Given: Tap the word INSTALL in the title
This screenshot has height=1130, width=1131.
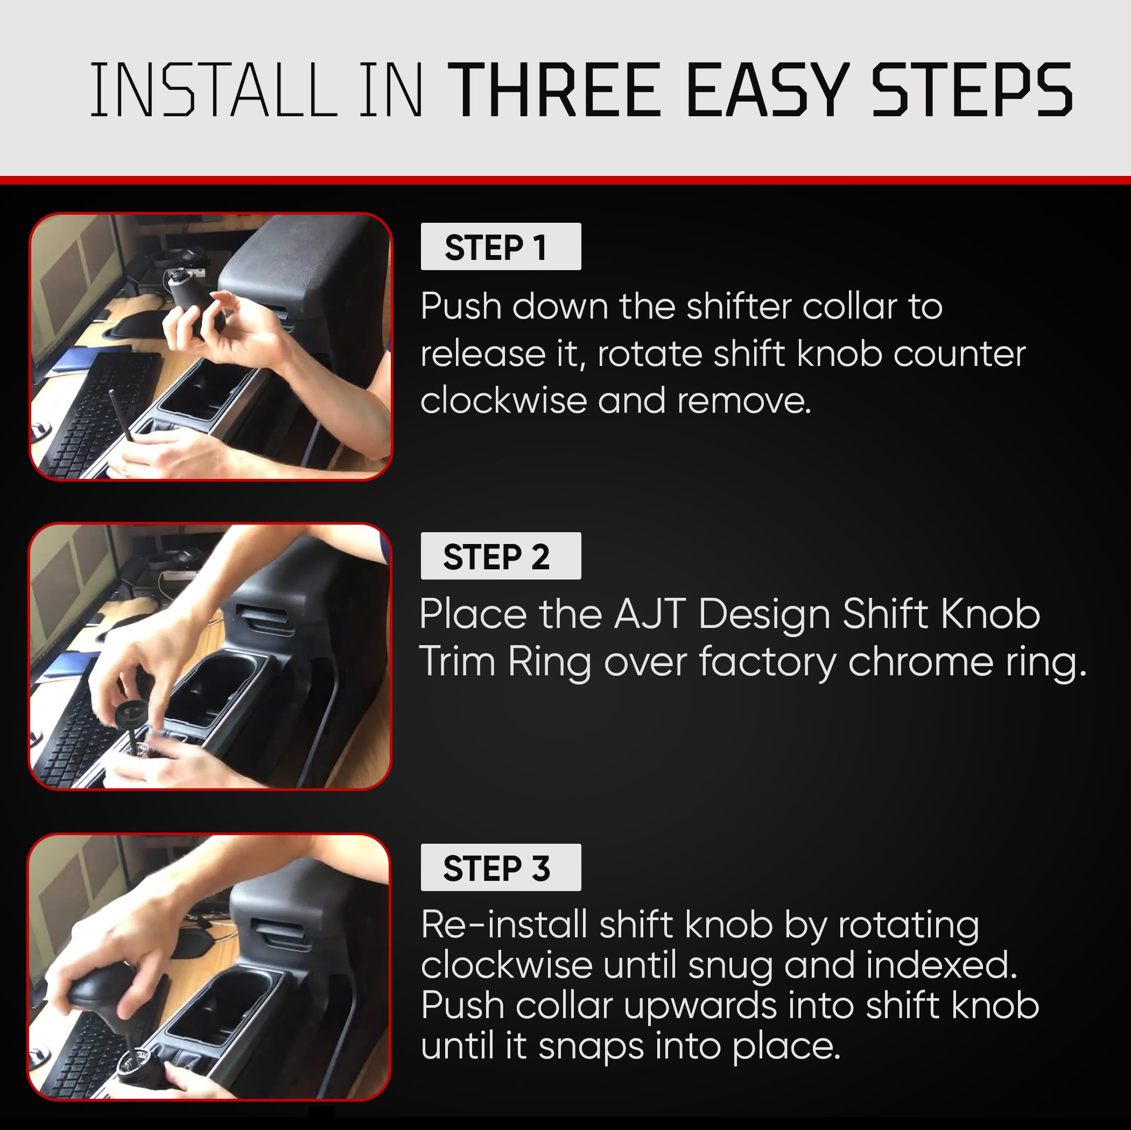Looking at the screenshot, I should pyautogui.click(x=213, y=91).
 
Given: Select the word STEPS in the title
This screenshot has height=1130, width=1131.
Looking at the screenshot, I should pyautogui.click(x=972, y=91).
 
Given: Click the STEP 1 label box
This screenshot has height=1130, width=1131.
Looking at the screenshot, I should pyautogui.click(x=501, y=246).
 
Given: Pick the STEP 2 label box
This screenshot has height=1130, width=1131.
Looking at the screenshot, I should pyautogui.click(x=501, y=556).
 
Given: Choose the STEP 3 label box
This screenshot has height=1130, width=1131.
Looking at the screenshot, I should pyautogui.click(x=501, y=867).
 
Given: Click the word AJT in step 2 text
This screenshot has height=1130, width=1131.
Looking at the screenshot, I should pyautogui.click(x=649, y=614).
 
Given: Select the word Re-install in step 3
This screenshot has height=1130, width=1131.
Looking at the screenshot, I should pyautogui.click(x=504, y=924).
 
